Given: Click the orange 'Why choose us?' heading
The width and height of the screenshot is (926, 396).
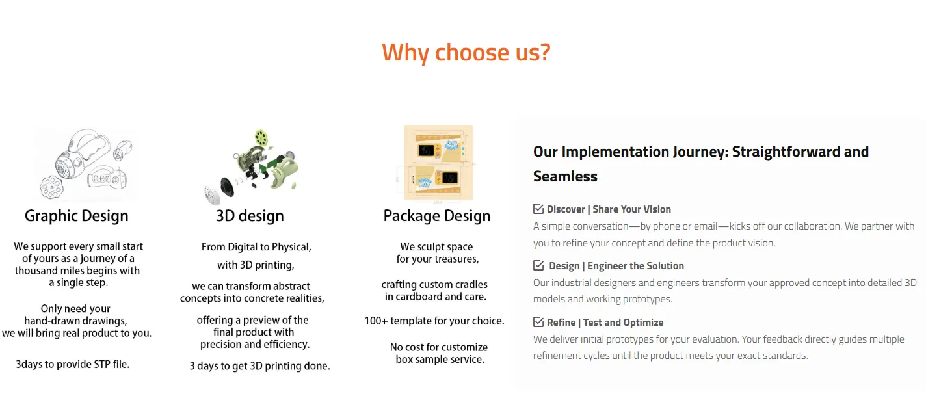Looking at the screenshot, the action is tap(466, 53).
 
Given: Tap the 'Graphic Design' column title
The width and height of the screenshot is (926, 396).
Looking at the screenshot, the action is tap(77, 216).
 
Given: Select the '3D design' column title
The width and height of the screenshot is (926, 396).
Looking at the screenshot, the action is tap(250, 216).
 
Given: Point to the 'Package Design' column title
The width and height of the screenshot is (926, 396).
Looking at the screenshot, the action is tap(437, 216).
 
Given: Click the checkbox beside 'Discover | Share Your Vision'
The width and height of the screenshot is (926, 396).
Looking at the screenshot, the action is tap(538, 209).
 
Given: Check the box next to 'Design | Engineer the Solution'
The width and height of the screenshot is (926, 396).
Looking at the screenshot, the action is tap(538, 265).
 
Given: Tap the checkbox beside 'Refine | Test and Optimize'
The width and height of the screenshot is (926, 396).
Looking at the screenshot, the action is tap(538, 322).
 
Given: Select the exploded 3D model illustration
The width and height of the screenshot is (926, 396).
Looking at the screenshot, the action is tap(251, 166).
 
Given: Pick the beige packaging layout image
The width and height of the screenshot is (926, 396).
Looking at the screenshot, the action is tap(438, 163).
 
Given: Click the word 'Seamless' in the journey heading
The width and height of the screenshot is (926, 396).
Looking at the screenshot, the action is tap(565, 176).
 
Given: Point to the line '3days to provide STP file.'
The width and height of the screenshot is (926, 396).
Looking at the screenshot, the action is tap(73, 364).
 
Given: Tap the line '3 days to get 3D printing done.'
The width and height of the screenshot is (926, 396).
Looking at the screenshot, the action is tap(259, 366).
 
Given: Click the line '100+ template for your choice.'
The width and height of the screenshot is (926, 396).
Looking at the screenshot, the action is tap(434, 321).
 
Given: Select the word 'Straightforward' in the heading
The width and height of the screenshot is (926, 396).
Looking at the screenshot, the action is tap(786, 152).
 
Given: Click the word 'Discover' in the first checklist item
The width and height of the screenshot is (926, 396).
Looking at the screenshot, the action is tap(566, 209).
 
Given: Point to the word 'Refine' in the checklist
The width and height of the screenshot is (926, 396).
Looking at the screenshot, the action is tap(561, 323).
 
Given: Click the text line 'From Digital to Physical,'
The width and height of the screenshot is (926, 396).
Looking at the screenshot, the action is tap(256, 247).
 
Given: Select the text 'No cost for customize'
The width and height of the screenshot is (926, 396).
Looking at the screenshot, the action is tap(438, 347).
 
